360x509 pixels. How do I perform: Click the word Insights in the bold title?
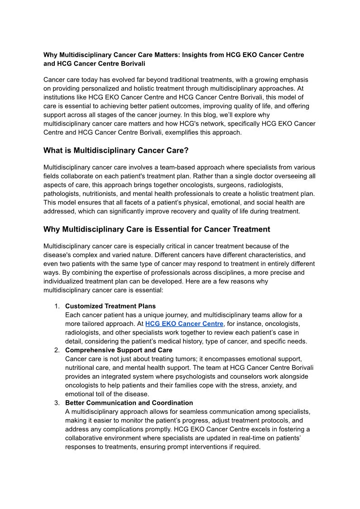193,55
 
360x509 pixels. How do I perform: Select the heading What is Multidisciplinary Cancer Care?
115,150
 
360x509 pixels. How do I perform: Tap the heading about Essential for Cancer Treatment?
157,229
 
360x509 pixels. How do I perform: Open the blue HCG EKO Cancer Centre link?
184,324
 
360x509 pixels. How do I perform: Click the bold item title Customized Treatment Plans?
110,306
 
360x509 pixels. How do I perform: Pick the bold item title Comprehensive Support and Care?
119,350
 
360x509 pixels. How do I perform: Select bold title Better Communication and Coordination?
129,402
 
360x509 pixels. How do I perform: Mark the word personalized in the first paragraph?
90,88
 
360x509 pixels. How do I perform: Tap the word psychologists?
188,376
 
